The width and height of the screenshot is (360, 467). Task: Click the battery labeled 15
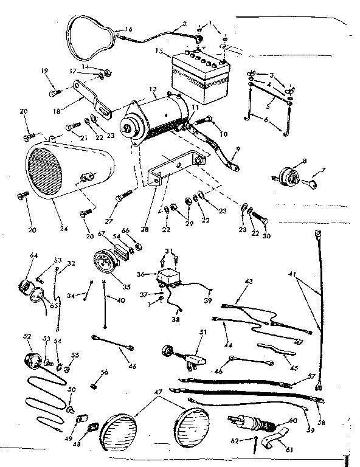click(x=200, y=79)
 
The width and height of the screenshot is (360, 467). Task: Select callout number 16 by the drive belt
click(x=128, y=29)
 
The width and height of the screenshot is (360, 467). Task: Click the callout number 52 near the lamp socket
click(x=27, y=336)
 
